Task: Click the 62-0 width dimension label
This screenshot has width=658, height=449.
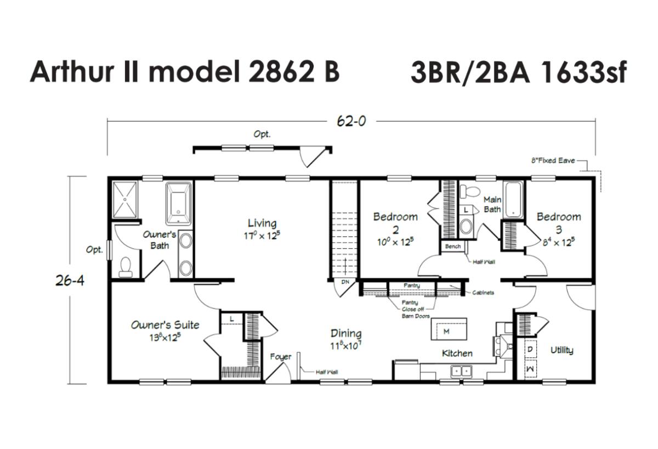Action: (x=351, y=121)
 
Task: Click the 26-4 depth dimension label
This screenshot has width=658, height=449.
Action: (x=70, y=280)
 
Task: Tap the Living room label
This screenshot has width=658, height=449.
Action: (x=262, y=223)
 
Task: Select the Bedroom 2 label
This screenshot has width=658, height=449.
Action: (x=395, y=223)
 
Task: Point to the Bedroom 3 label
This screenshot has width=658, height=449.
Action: (x=559, y=223)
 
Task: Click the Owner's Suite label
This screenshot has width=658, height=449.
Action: (x=165, y=324)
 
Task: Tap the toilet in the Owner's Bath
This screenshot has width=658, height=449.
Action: (x=126, y=267)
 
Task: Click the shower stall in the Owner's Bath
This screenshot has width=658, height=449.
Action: (x=125, y=200)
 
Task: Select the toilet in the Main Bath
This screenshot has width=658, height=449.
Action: (x=469, y=191)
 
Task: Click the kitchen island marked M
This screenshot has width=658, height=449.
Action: (x=449, y=329)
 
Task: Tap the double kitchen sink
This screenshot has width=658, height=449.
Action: (x=462, y=372)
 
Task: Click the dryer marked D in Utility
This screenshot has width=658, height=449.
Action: (x=530, y=349)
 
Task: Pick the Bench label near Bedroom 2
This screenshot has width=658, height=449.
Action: (x=453, y=246)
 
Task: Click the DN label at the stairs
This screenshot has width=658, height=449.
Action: (x=345, y=282)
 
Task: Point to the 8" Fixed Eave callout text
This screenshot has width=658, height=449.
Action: (x=553, y=160)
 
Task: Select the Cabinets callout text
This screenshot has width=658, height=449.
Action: (x=483, y=293)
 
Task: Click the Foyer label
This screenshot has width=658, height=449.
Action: (x=281, y=357)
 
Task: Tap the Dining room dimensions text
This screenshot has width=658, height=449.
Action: (x=345, y=345)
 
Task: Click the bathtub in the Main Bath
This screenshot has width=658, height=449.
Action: (x=513, y=200)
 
